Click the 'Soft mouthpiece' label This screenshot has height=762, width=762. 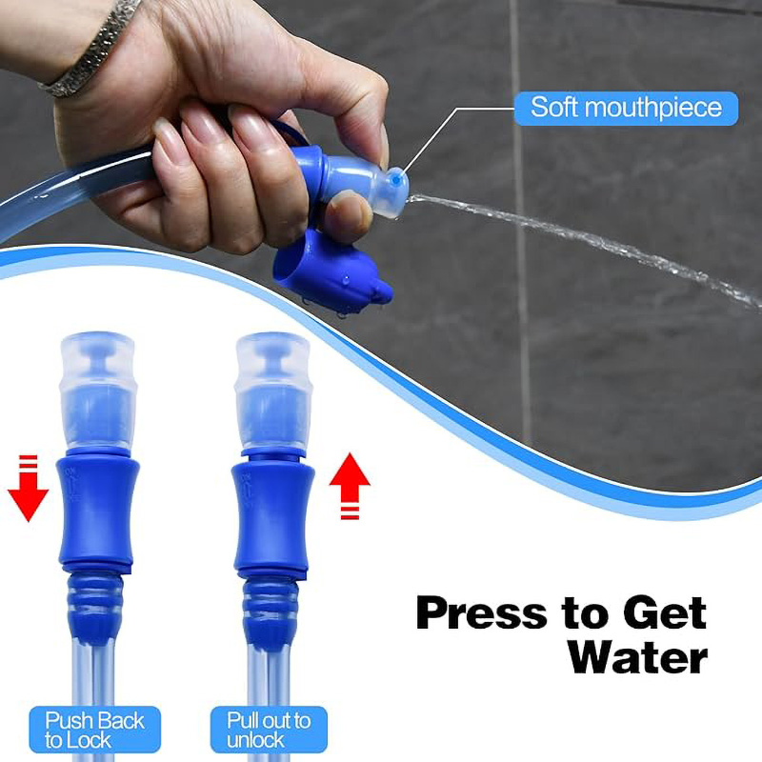[x=626, y=108]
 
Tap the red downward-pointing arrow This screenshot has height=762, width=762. [x=29, y=488]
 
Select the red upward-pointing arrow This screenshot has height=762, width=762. [x=350, y=486]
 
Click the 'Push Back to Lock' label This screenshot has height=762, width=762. [x=94, y=730]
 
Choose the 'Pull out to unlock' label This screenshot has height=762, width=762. [x=269, y=730]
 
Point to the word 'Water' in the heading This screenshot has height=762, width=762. [x=637, y=657]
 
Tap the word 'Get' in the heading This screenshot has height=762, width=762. [x=664, y=613]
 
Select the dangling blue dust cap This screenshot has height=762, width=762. [x=331, y=271]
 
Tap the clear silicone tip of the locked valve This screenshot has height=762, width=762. [x=98, y=391]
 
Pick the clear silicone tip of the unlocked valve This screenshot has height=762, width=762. [x=272, y=391]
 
